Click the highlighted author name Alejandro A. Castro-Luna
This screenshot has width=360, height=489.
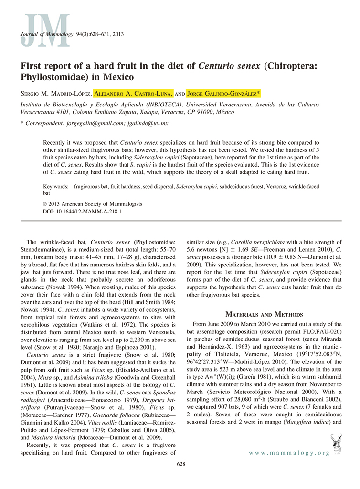[132, 93]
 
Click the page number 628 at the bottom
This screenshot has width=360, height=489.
[180, 464]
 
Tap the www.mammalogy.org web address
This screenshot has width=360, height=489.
[290, 453]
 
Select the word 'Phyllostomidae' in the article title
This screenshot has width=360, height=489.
[53, 76]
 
